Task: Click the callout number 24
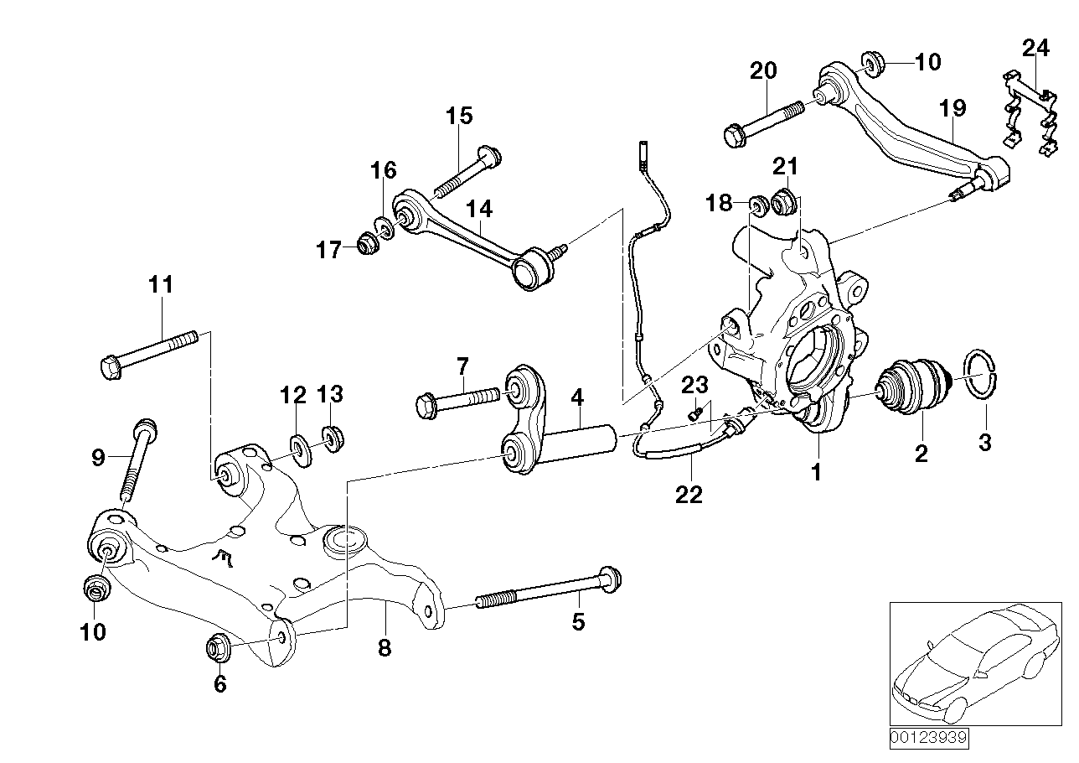(1035, 48)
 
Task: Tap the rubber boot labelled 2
(911, 387)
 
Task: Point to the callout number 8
(384, 648)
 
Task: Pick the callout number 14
(480, 209)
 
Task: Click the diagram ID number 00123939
(928, 739)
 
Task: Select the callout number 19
(953, 108)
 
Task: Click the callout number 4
(576, 394)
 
